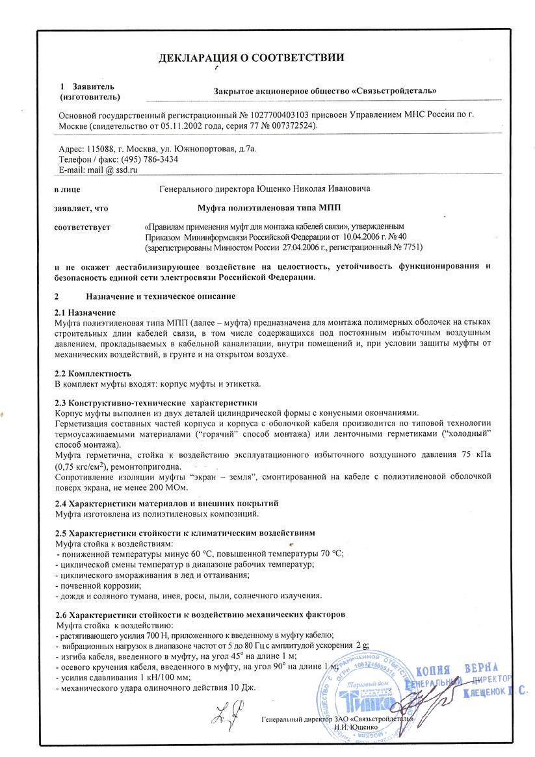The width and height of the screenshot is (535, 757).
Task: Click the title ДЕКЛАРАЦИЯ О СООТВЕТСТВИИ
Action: [251, 58]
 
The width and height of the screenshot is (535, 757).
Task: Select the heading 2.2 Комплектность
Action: [94, 373]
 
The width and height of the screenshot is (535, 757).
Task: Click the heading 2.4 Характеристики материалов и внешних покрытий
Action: [158, 504]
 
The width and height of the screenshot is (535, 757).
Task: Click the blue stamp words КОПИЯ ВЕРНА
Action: [456, 670]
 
